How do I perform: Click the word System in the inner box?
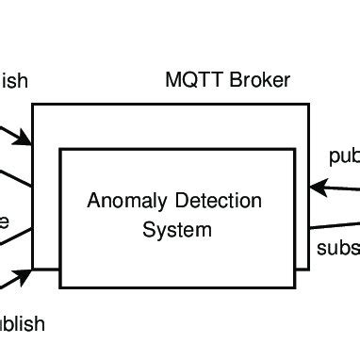pos(176,229)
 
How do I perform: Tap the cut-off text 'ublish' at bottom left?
pos(21,324)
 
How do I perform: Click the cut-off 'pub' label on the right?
pos(344,156)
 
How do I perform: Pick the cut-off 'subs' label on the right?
pos(337,249)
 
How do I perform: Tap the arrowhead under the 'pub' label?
pos(319,188)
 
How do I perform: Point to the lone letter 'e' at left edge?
pos(4,222)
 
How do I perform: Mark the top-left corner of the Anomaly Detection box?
pos(61,148)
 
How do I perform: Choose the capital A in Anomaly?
pos(93,201)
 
